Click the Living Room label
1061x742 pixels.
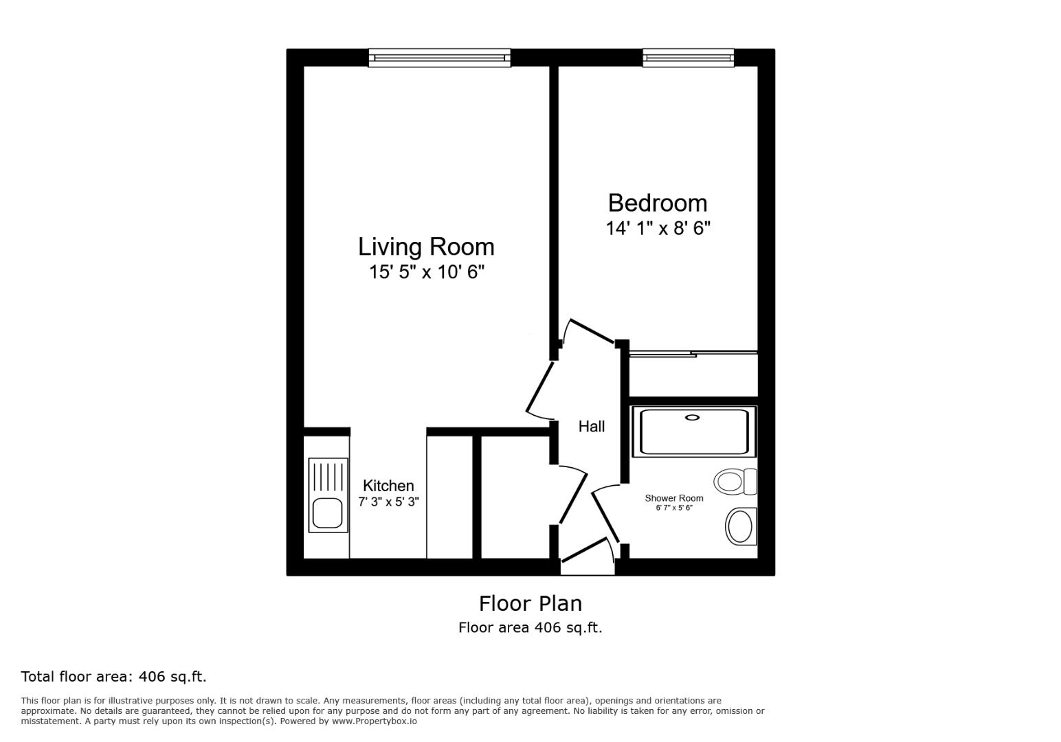(425, 247)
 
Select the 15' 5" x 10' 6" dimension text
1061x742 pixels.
(426, 272)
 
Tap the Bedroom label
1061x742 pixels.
(657, 203)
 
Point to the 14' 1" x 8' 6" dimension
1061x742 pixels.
(657, 228)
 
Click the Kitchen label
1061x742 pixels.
(388, 486)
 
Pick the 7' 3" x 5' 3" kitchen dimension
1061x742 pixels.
(388, 502)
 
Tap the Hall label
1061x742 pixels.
(591, 427)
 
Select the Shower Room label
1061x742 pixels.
(673, 498)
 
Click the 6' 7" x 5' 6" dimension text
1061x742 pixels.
(673, 508)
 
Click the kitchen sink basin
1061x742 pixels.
(327, 513)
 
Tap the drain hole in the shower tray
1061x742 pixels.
(692, 417)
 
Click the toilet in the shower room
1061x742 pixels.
(733, 481)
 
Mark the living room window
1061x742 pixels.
(439, 58)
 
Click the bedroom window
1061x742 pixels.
(688, 58)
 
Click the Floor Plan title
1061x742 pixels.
(530, 603)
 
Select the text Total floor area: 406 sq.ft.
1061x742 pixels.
(113, 677)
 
